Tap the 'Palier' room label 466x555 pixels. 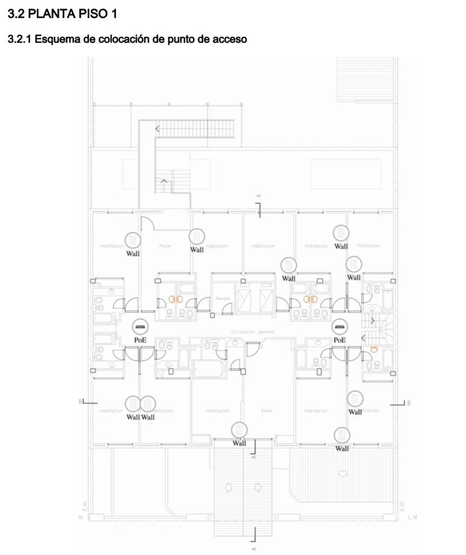pyautogui.click(x=165, y=246)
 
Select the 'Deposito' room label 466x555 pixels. pyautogui.click(x=224, y=299)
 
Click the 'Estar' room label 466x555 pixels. pyautogui.click(x=267, y=411)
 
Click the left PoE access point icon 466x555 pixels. pyautogui.click(x=141, y=327)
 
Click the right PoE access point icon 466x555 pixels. pyautogui.click(x=339, y=327)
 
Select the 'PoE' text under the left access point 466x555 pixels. pyautogui.click(x=141, y=340)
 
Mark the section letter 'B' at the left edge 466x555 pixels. pyautogui.click(x=80, y=402)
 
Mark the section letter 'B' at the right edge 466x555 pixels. pyautogui.click(x=409, y=403)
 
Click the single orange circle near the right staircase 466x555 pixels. pyautogui.click(x=373, y=349)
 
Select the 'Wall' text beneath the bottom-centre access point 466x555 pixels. pyautogui.click(x=239, y=443)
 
